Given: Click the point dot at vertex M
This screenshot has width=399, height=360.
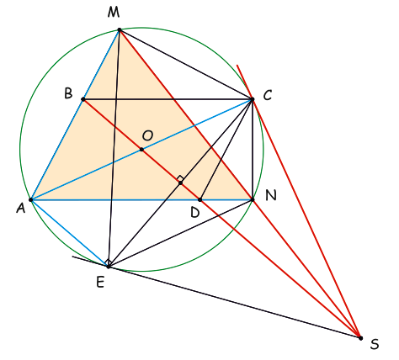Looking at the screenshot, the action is pyautogui.click(x=120, y=29).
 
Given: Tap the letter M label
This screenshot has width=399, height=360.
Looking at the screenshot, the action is pyautogui.click(x=114, y=13).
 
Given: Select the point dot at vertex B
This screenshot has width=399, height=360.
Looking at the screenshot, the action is pyautogui.click(x=83, y=99).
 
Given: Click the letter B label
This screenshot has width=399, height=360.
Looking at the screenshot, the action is pyautogui.click(x=68, y=93).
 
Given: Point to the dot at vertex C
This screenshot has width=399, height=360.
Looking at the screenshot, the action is pyautogui.click(x=252, y=99).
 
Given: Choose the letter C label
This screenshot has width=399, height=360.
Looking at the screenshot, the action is pyautogui.click(x=268, y=95).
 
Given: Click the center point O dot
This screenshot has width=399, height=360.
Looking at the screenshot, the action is pyautogui.click(x=141, y=150).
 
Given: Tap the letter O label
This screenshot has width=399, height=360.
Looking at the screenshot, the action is pyautogui.click(x=147, y=135).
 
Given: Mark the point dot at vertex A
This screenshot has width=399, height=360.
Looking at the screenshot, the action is pyautogui.click(x=31, y=200).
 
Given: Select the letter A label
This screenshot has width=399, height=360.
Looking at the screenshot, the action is pyautogui.click(x=20, y=208).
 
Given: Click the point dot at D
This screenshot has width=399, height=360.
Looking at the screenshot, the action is pyautogui.click(x=199, y=199).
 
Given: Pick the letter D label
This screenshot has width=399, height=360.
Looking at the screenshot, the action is pyautogui.click(x=194, y=213).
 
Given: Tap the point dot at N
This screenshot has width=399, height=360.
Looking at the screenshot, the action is pyautogui.click(x=253, y=199).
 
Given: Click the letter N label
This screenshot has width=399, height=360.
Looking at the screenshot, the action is pyautogui.click(x=271, y=195).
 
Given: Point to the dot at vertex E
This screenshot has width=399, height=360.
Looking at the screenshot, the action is pyautogui.click(x=109, y=267).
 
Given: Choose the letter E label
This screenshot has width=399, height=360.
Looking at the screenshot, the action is pyautogui.click(x=100, y=282).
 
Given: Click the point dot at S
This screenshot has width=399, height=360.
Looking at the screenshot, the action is pyautogui.click(x=360, y=338).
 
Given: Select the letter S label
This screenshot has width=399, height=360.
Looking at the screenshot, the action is pyautogui.click(x=375, y=344).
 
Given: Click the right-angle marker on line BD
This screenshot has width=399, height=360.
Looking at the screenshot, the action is pyautogui.click(x=180, y=179).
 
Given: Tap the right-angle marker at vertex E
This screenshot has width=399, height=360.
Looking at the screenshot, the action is pyautogui.click(x=108, y=262).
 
